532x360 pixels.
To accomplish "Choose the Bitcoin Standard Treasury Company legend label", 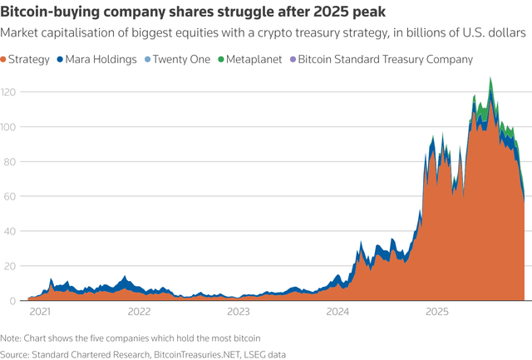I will click(385, 60).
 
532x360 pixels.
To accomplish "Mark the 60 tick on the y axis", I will click(9, 196).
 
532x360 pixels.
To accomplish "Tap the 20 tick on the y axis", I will click(9, 266).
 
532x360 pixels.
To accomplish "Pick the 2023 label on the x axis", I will click(239, 313).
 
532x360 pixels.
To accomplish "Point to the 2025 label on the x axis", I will click(438, 313).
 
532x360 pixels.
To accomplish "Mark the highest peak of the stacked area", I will click(490, 78).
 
